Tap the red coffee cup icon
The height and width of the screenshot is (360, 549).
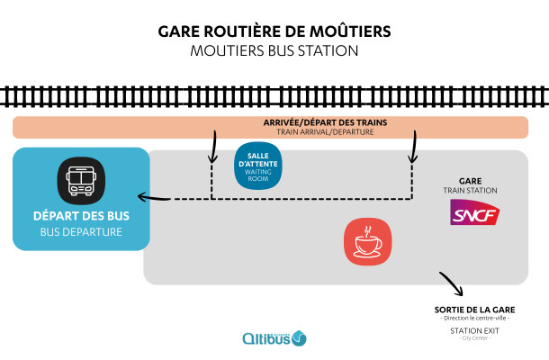(367, 241)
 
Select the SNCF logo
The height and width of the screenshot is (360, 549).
(475, 213)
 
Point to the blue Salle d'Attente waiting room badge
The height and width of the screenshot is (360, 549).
(258, 166)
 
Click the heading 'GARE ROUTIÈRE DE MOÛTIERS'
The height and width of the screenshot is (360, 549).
(274, 31)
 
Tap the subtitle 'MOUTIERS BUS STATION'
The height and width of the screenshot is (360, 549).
(274, 50)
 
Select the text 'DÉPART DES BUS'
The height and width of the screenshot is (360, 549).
(81, 216)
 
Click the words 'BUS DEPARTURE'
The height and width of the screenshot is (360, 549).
(81, 232)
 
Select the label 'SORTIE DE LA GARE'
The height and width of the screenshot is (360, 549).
(473, 309)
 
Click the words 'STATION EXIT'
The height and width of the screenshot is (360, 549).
(473, 330)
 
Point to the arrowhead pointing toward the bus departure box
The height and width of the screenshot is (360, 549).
(141, 197)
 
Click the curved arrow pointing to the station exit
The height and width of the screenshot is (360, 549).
(451, 284)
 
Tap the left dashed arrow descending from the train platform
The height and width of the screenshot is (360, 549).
(214, 148)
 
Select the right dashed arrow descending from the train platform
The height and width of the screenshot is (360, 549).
(413, 148)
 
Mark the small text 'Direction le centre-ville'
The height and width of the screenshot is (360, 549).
(473, 319)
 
